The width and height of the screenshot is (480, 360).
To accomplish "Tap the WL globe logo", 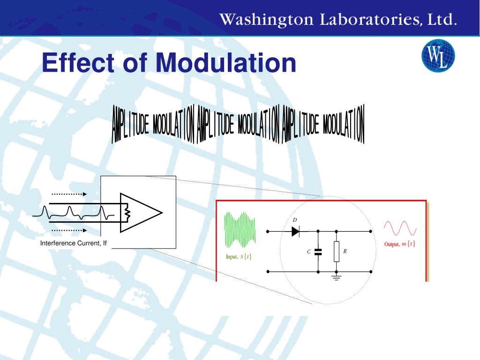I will (438, 56).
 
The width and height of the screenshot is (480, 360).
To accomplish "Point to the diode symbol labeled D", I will (296, 231).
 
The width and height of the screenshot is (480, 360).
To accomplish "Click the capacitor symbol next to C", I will (318, 252).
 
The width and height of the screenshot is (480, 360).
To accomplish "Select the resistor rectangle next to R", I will (337, 252).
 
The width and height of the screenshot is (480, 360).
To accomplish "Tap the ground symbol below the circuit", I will (337, 277).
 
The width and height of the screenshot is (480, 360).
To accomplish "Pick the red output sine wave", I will (400, 228).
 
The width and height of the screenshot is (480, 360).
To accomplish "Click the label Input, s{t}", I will (239, 257).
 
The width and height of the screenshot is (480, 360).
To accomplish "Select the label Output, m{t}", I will (399, 244).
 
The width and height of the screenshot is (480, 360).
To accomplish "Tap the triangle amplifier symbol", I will (141, 213).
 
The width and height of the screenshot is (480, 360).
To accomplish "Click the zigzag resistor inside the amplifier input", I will (126, 213).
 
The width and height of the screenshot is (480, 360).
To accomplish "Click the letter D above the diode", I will (294, 220).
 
